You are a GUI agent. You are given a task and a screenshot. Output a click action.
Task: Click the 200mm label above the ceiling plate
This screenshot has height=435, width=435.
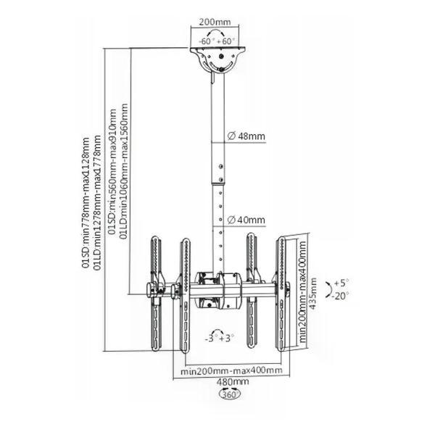215,22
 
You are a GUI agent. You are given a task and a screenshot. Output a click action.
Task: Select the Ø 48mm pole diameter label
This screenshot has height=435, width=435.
246,136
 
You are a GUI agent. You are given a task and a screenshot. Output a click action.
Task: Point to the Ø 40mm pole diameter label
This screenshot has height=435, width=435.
246,220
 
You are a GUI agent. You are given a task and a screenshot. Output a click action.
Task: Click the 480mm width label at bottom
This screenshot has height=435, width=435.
233,382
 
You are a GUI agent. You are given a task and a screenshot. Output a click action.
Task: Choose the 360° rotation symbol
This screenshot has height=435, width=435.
230,394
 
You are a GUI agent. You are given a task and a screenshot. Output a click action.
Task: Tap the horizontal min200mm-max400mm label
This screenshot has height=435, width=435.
231,370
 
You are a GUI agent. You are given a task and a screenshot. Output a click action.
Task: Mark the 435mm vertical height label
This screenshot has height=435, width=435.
313,294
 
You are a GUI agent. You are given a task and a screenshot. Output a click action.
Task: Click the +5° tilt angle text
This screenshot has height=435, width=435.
341,283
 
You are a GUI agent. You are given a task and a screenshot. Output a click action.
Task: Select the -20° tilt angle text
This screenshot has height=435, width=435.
340,296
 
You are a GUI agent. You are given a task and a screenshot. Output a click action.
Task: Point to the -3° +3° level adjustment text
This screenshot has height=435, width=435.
220,339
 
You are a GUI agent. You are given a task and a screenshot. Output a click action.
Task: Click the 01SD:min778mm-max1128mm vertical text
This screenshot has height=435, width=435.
86,202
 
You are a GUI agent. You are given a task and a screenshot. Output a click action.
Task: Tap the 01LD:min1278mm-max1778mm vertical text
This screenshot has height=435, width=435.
97,202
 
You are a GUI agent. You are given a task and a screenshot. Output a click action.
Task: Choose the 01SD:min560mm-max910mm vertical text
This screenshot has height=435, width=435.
112,172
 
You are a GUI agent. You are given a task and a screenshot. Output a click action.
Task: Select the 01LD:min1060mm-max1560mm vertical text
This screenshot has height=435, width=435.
124,171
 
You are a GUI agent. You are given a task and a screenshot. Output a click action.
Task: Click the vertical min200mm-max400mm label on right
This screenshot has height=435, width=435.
302,291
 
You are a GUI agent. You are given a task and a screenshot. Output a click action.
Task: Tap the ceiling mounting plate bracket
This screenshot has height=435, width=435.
217,60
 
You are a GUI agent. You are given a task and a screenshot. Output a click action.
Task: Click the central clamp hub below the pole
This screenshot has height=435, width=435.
218,291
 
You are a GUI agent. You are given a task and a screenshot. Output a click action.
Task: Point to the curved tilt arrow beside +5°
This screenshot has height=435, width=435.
330,290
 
